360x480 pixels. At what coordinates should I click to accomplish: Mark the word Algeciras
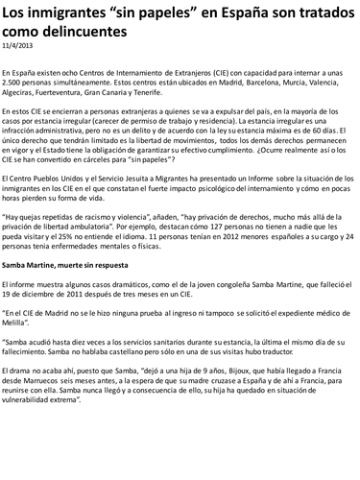[22, 93]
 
